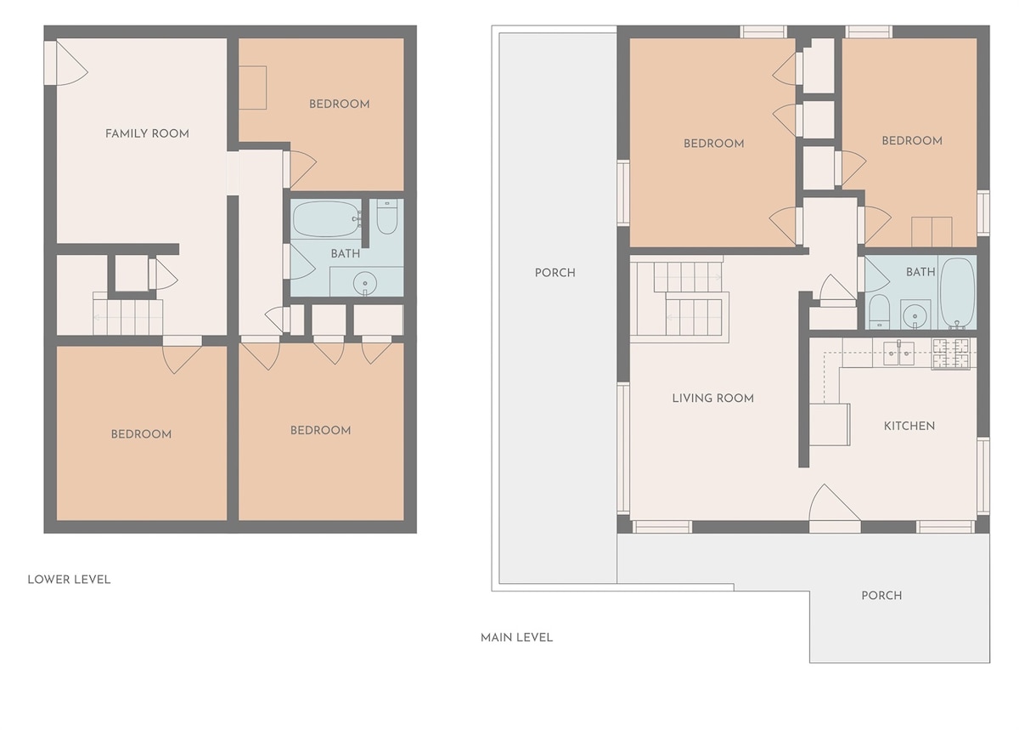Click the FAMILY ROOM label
pos(147,134)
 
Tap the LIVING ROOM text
pos(712,399)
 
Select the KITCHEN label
pos(909,427)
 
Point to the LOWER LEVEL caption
pos(69,580)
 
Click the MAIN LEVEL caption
pos(516,637)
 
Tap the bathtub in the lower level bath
pos(326,218)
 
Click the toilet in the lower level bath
pos(387,217)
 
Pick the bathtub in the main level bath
pos(958,292)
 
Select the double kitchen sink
pos(898,354)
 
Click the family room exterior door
pos(66,63)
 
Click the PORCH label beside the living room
pos(555,273)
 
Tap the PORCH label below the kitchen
pos(881,596)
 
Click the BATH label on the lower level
pos(346,253)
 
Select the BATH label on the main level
pos(920,272)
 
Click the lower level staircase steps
pos(128,317)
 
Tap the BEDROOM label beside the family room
pos(340,105)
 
